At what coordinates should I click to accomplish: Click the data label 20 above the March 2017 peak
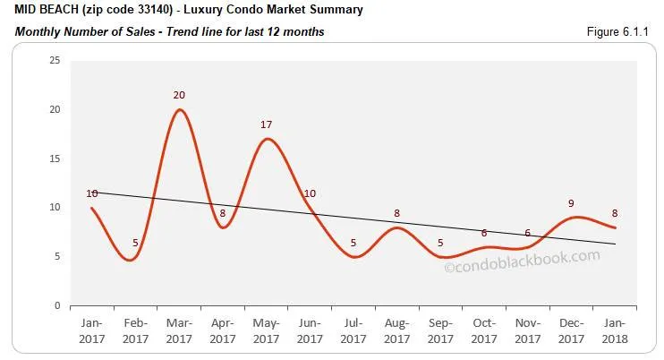point(179,95)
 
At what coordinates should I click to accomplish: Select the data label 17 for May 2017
point(266,124)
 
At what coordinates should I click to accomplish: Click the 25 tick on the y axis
point(54,61)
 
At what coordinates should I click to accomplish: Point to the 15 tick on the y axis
point(54,159)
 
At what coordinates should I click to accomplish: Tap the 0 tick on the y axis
point(56,305)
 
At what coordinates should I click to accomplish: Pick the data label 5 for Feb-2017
point(135,242)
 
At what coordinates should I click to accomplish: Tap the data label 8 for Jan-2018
point(615,213)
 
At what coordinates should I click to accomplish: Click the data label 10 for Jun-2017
point(311,193)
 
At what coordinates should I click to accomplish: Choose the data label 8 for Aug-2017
point(397,213)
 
